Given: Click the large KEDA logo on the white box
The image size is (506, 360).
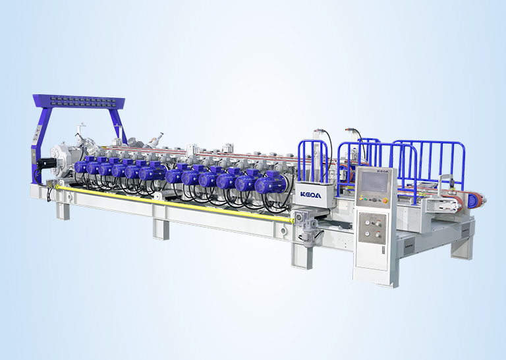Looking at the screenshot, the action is tap(311, 195).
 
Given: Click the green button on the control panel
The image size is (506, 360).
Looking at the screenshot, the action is tap(365, 199).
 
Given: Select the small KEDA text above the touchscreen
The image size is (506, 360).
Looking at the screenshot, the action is tap(383, 171).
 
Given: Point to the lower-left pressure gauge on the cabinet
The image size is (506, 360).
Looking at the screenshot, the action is tap(367, 233).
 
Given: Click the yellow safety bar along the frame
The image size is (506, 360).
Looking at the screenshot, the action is tap(174, 203).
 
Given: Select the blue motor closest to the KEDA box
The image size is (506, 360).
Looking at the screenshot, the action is tap(270, 183).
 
